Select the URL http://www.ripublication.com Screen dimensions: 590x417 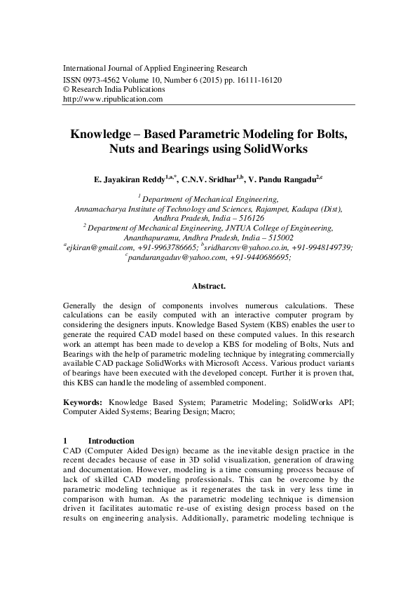(113, 100)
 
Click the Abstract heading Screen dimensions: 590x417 (208, 286)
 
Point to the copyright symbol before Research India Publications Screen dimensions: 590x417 (67, 90)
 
